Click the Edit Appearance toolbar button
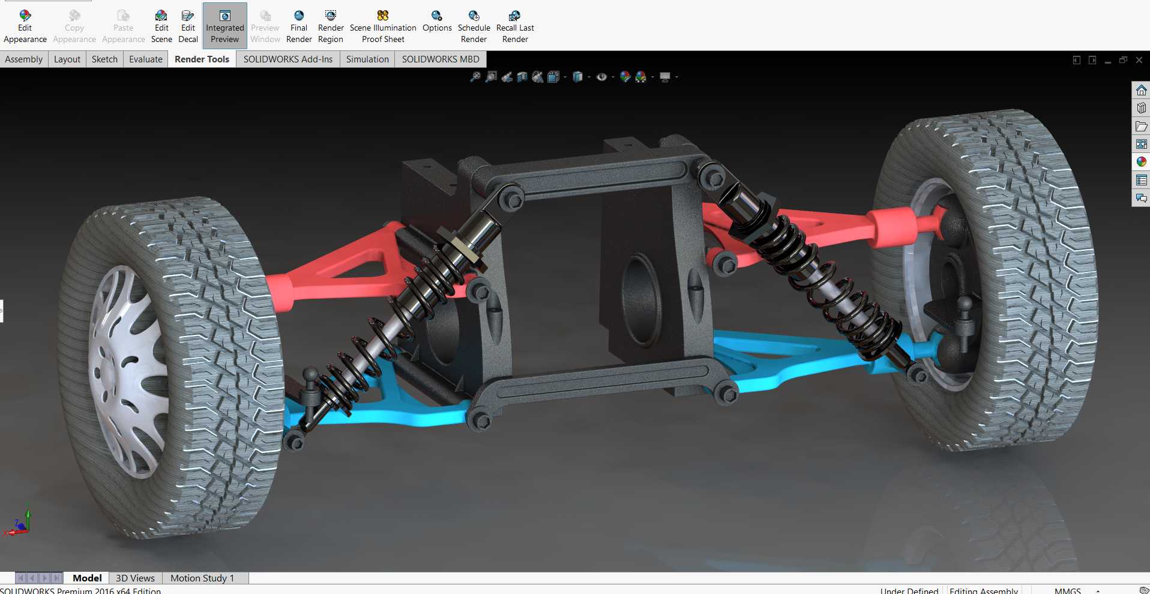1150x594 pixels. pyautogui.click(x=25, y=26)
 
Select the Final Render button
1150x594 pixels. pyautogui.click(x=299, y=26)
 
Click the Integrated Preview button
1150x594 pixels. pyautogui.click(x=224, y=26)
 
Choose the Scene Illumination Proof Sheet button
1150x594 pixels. pyautogui.click(x=383, y=26)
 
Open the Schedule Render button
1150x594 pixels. pyautogui.click(x=474, y=26)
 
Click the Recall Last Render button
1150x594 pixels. pyautogui.click(x=515, y=26)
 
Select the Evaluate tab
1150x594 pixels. pyautogui.click(x=146, y=59)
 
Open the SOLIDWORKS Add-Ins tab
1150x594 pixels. pyautogui.click(x=287, y=59)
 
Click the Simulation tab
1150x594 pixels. pyautogui.click(x=367, y=59)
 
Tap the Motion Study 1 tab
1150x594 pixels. pyautogui.click(x=202, y=578)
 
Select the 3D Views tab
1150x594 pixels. pyautogui.click(x=135, y=578)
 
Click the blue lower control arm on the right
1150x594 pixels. pyautogui.click(x=780, y=360)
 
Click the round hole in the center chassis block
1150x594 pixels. pyautogui.click(x=641, y=300)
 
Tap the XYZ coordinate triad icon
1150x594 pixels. pyautogui.click(x=19, y=522)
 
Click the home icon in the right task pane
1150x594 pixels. pyautogui.click(x=1141, y=91)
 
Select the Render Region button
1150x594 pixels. pyautogui.click(x=331, y=26)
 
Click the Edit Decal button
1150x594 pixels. pyautogui.click(x=188, y=26)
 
